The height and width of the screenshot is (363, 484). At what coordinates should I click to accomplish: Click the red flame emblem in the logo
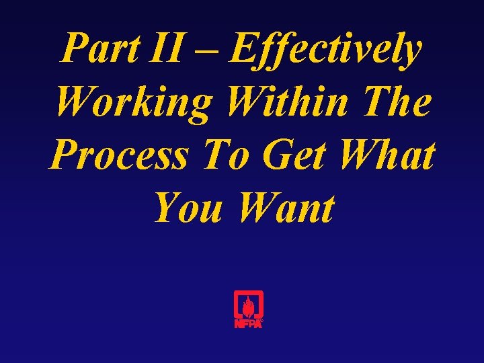(x=248, y=306)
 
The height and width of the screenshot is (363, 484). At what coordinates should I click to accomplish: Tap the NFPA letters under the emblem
(x=247, y=323)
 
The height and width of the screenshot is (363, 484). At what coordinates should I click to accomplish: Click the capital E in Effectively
(x=245, y=48)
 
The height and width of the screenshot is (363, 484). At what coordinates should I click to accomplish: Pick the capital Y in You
(x=165, y=208)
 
